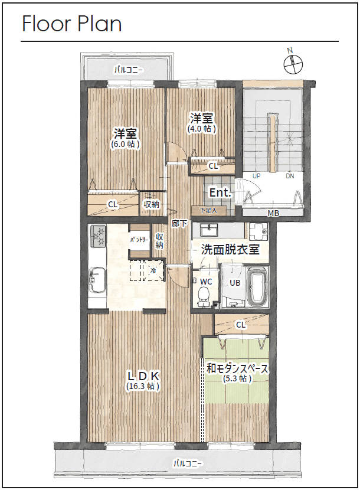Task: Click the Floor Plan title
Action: [x=71, y=24]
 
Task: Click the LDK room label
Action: [x=144, y=375]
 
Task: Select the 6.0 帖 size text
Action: [x=125, y=144]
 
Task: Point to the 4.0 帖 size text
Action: [x=202, y=129]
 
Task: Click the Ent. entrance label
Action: [x=221, y=192]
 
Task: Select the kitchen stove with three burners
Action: [x=98, y=236]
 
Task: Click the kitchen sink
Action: [x=97, y=280]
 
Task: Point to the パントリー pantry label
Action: [x=139, y=240]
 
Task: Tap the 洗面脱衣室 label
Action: [x=230, y=249]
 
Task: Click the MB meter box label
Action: [x=273, y=213]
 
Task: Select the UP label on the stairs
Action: [x=256, y=176]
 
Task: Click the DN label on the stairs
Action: [x=290, y=176]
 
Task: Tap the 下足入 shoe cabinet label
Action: [x=208, y=210]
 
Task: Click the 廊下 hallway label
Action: [x=179, y=223]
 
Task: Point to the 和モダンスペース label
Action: [x=237, y=368]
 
